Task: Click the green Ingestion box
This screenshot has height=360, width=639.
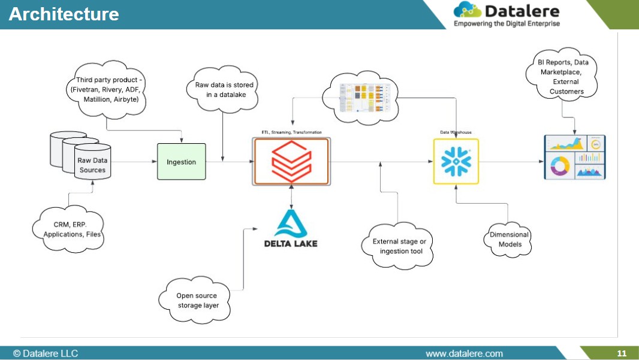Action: (x=181, y=162)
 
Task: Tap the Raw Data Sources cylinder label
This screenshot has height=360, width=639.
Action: (x=92, y=165)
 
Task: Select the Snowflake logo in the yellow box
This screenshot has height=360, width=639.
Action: (x=456, y=161)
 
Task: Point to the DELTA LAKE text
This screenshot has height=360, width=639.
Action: (x=291, y=243)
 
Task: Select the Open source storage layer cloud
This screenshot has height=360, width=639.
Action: (x=197, y=301)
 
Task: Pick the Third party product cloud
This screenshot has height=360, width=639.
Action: (x=107, y=90)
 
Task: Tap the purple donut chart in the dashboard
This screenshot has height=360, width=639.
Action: (x=559, y=166)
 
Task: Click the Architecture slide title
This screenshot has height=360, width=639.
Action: (x=64, y=14)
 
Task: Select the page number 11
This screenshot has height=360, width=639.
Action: (x=622, y=353)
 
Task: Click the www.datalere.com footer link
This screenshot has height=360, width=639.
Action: (x=464, y=353)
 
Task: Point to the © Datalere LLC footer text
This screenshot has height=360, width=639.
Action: (x=46, y=353)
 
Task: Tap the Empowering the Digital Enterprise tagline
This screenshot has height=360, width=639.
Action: (x=507, y=23)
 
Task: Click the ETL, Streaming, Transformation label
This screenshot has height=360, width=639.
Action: (x=291, y=132)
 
